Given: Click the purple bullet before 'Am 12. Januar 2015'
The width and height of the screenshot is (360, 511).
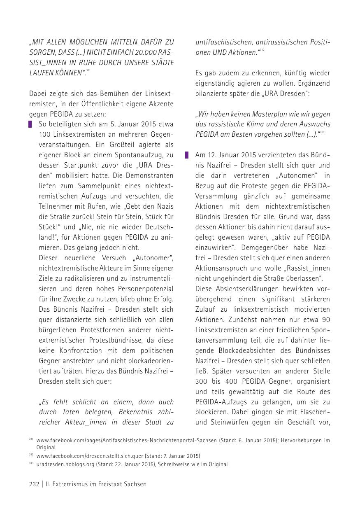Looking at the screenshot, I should (x=187, y=155).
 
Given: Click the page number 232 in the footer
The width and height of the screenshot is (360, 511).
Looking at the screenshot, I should (x=34, y=485).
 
